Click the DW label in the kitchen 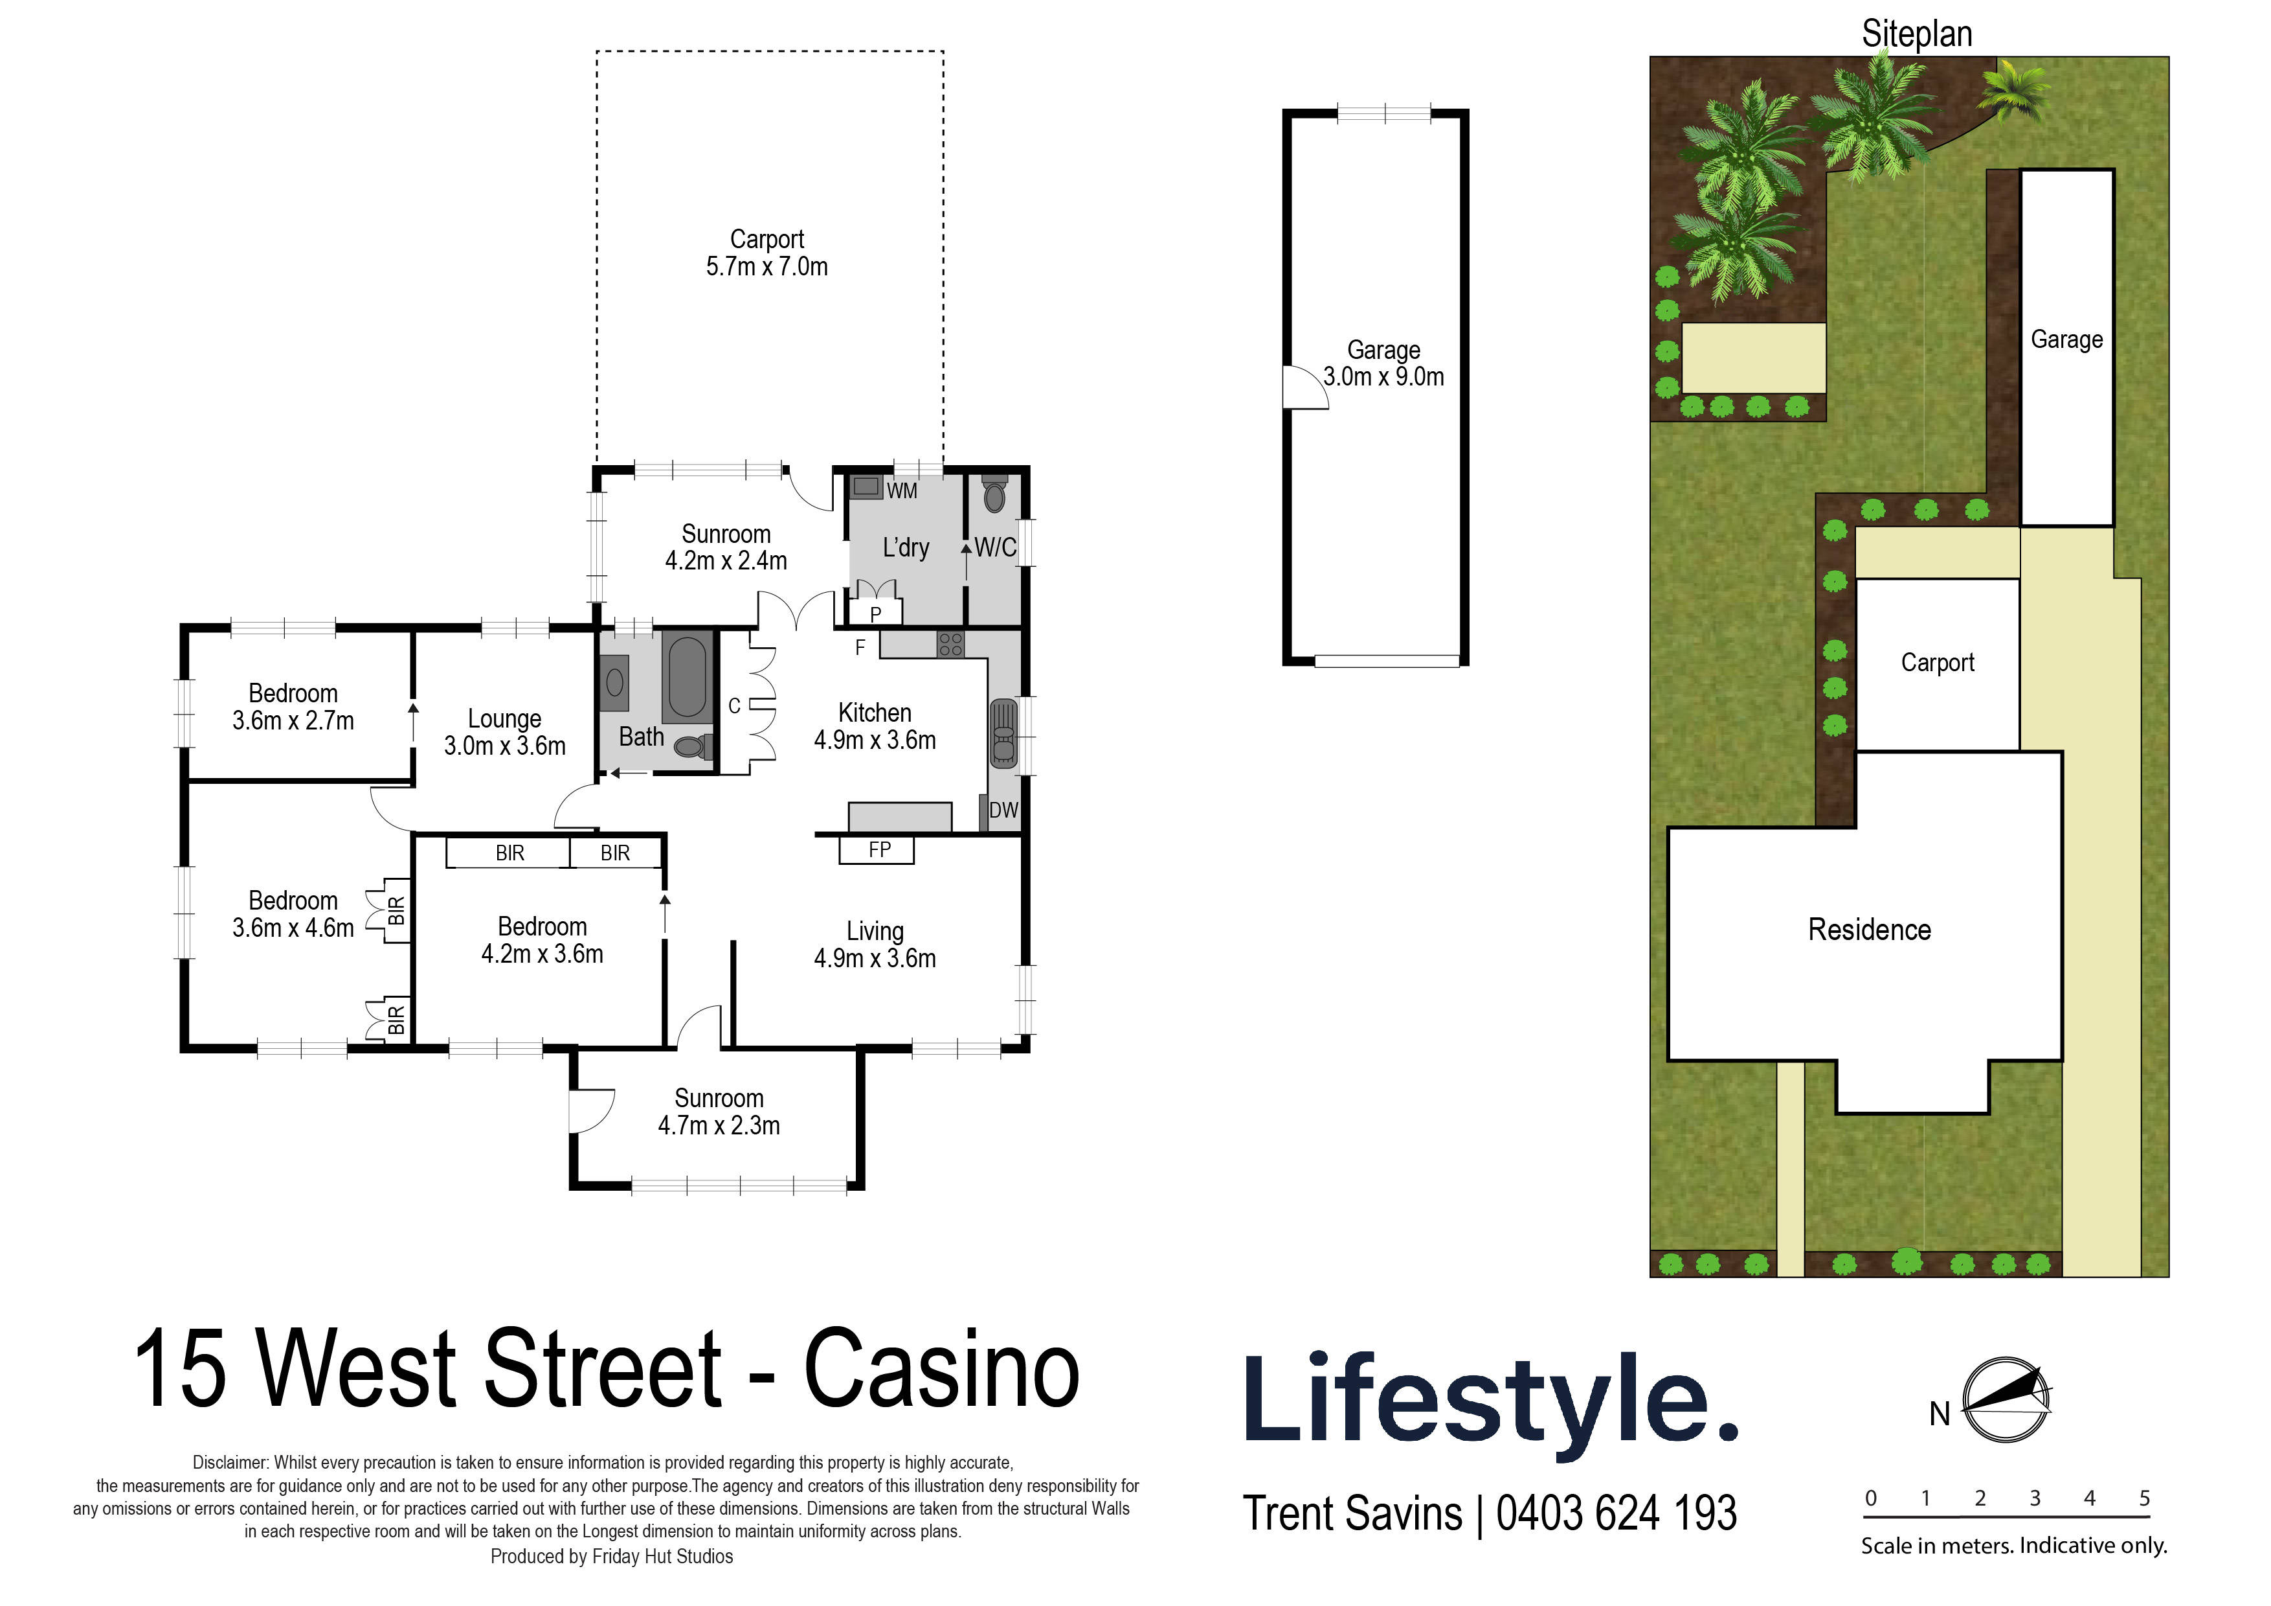coord(1003,810)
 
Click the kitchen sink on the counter coord(1003,732)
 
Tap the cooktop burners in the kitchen coord(950,644)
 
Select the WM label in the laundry coord(901,491)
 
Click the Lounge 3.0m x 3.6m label coord(504,732)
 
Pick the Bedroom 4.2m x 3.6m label coord(542,940)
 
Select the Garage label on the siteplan coord(2066,339)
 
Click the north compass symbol coord(2005,1399)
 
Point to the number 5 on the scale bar coord(2144,1498)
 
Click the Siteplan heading coord(1916,34)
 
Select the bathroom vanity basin coord(614,682)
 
